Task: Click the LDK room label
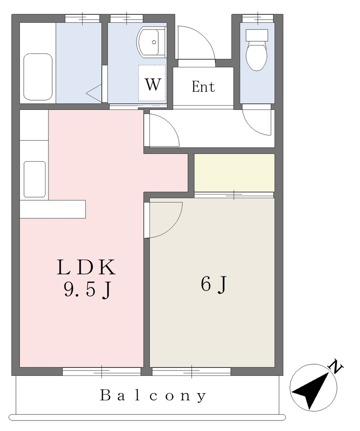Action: coord(86,267)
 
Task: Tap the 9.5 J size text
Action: coord(88,290)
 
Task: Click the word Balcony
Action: coord(153,396)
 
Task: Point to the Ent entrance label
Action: coord(203,87)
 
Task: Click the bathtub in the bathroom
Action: coord(37,77)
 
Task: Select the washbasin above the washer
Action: coord(152,42)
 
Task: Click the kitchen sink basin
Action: coord(35,179)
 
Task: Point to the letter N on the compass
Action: coord(336,367)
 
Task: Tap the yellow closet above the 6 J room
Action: coord(235,173)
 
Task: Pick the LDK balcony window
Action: coord(101,371)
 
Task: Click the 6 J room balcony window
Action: coord(192,371)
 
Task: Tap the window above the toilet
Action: coord(258,18)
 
